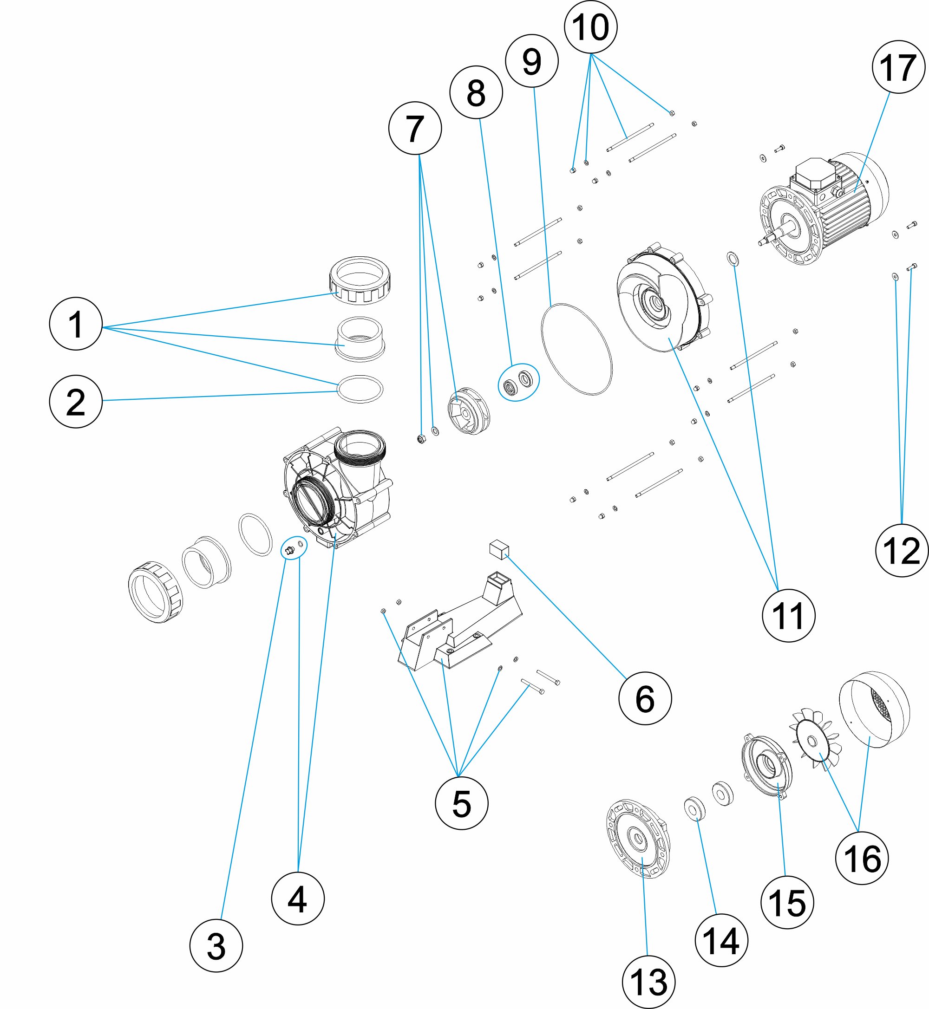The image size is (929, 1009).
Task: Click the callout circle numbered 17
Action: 898,67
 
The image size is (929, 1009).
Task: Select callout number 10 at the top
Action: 591,26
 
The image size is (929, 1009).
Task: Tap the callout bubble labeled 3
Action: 216,946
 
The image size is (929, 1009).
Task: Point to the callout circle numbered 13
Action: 648,982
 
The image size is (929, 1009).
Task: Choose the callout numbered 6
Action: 645,698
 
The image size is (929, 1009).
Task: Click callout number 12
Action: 902,550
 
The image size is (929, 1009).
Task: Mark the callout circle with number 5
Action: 462,803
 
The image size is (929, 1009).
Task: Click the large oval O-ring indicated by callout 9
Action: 576,349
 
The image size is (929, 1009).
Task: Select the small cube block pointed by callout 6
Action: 499,549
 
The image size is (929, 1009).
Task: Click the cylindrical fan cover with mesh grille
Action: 875,709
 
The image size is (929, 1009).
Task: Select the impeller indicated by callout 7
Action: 469,410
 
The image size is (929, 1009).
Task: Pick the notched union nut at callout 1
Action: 360,280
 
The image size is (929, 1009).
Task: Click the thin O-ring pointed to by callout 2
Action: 360,389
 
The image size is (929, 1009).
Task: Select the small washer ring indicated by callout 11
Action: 733,259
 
